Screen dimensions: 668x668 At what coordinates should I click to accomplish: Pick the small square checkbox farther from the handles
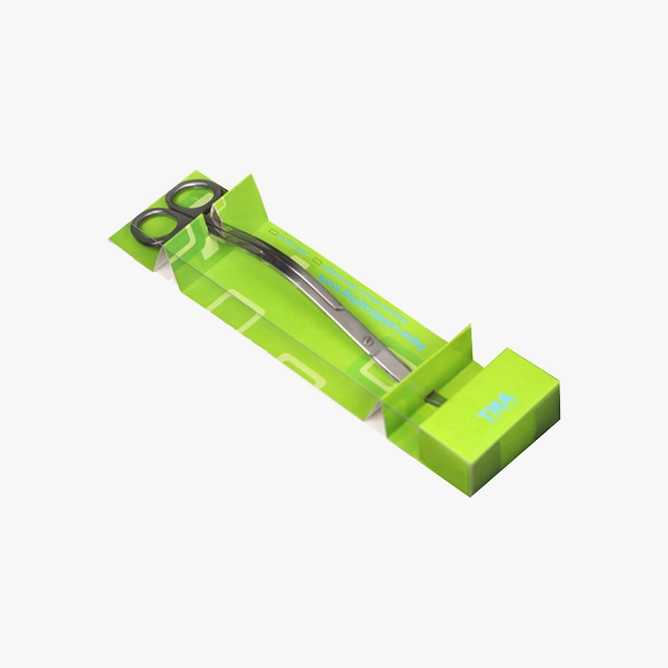pyautogui.click(x=315, y=258)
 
